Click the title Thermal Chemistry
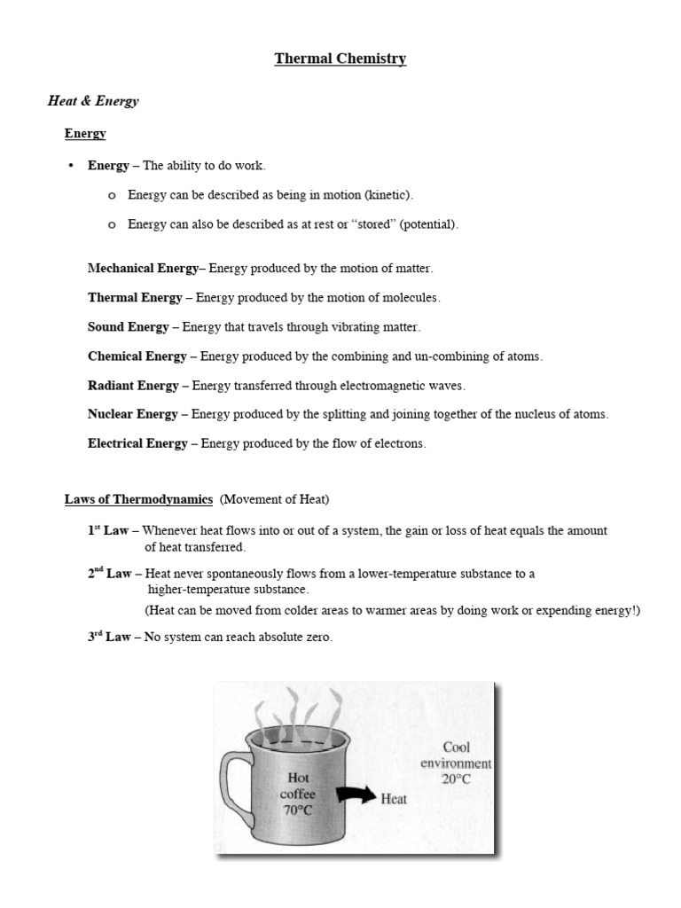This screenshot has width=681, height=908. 340,59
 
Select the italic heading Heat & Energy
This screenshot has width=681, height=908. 93,101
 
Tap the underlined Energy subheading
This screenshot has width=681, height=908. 85,134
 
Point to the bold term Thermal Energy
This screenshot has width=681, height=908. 135,298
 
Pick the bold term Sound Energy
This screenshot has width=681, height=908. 128,327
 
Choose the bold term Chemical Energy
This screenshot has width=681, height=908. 137,356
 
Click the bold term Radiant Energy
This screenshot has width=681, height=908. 133,386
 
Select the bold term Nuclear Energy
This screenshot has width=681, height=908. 133,414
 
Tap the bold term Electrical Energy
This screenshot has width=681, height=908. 137,443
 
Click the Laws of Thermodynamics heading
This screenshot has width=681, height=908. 138,500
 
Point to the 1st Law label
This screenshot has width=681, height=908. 108,530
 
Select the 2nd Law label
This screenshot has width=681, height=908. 109,574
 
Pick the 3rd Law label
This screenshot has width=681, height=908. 108,637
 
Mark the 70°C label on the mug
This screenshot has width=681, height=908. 298,811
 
